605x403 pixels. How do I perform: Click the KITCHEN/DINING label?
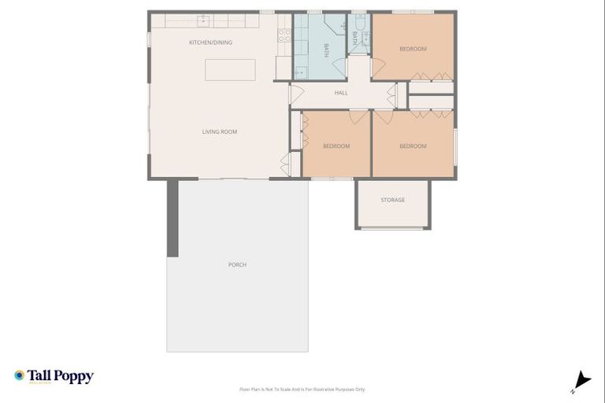(210, 43)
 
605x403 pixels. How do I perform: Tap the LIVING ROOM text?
(220, 131)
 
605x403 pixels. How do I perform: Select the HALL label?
(341, 93)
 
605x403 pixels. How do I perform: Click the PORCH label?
(237, 264)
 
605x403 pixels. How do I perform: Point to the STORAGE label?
(392, 200)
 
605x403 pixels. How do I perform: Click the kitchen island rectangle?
(230, 69)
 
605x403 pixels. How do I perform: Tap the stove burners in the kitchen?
(284, 35)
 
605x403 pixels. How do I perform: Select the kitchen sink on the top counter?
(204, 20)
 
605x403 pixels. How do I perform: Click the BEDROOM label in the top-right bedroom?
(413, 49)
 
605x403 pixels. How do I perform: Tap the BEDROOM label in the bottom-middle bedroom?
(336, 146)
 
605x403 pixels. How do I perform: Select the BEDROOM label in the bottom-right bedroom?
(413, 146)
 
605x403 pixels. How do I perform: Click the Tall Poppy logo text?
(61, 376)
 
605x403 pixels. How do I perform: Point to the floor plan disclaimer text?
(302, 389)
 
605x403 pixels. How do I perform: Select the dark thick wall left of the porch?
(172, 218)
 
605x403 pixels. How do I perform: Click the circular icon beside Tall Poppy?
(20, 375)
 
